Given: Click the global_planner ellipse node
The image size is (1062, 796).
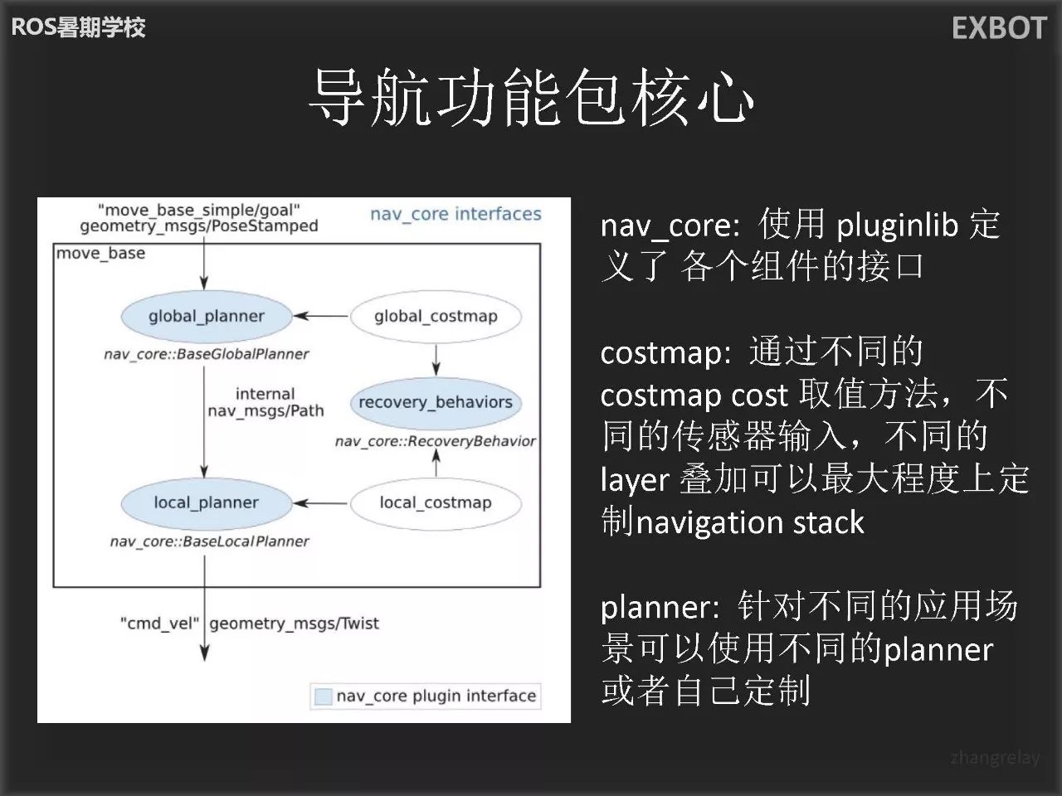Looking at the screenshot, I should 207,316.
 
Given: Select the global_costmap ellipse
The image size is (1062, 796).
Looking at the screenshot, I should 436,316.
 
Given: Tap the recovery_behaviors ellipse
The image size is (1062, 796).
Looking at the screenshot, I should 436,402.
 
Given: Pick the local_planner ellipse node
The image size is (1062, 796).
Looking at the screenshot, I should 207,502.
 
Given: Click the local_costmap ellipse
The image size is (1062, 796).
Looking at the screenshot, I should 436,502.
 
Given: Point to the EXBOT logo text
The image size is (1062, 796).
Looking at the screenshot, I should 999,28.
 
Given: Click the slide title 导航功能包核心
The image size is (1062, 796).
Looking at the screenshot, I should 531,98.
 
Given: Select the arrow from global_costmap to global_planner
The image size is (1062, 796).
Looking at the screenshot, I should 321,316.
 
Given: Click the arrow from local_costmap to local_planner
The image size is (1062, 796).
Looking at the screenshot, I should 321,502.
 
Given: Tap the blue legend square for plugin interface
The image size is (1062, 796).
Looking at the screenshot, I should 322,696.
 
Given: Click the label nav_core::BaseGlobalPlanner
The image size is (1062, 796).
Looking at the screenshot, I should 207,354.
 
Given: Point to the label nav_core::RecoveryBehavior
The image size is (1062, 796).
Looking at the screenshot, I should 436,441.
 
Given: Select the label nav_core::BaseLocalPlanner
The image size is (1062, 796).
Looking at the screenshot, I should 209,541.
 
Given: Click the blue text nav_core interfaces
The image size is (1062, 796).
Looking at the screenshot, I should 455,214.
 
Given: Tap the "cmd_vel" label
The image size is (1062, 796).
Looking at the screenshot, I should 159,624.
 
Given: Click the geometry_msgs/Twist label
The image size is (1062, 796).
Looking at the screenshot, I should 295,624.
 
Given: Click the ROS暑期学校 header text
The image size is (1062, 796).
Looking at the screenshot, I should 78,27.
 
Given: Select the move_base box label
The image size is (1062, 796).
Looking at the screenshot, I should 101,254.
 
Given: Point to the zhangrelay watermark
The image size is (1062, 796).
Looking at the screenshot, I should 995,757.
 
